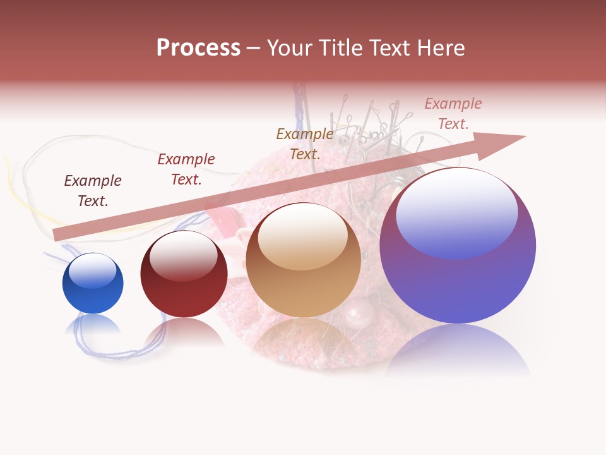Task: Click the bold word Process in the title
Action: click(x=198, y=48)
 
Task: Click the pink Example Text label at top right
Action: click(x=453, y=114)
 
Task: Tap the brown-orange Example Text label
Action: click(x=305, y=143)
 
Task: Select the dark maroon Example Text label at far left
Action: click(x=93, y=190)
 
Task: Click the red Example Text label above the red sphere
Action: click(x=186, y=169)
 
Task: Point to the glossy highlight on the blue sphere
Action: click(x=93, y=271)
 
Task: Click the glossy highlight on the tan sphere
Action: click(x=303, y=238)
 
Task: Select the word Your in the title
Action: click(x=288, y=48)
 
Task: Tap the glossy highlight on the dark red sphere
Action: click(x=184, y=256)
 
